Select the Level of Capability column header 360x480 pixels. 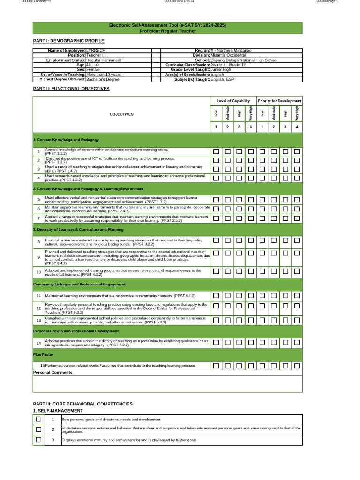233,101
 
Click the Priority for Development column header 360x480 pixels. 279,101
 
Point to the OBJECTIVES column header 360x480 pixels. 121,114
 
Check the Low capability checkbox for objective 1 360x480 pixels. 216,151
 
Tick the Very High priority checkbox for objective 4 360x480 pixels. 297,178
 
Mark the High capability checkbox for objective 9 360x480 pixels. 239,253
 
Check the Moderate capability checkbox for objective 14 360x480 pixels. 227,343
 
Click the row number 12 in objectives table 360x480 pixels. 39,308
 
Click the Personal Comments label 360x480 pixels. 53,372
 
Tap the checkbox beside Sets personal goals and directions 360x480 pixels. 39,419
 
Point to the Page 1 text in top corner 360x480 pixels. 337,2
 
